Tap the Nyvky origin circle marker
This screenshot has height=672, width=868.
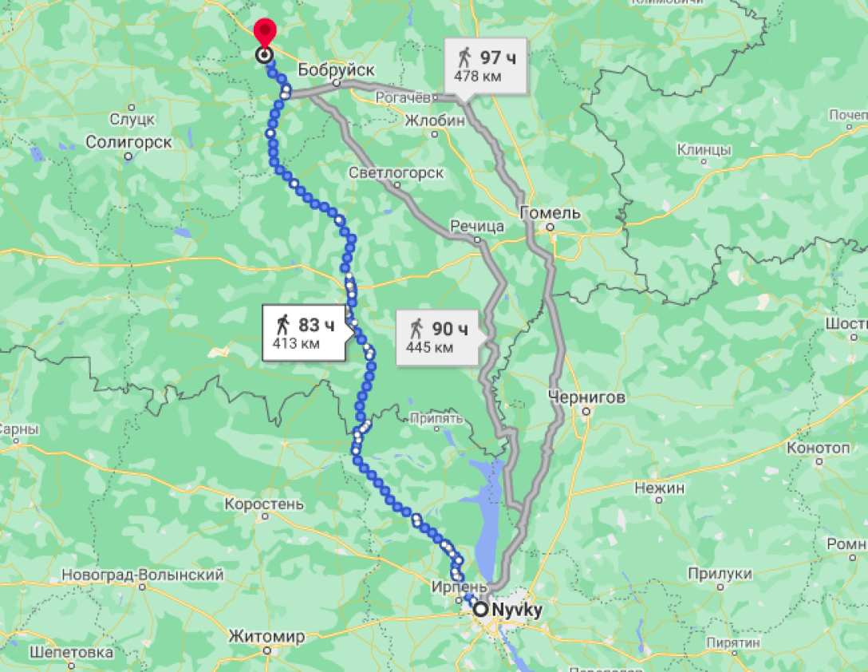481,611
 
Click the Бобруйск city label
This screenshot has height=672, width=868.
336,70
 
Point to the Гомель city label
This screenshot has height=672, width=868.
550,213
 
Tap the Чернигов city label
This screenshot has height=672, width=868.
587,397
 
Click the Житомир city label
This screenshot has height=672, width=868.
266,637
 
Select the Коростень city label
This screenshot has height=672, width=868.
264,504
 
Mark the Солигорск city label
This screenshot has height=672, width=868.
128,142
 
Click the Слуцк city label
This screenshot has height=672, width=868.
132,120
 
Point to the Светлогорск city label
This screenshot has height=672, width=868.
397,173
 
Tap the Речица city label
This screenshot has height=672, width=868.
477,227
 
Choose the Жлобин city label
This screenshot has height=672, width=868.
435,121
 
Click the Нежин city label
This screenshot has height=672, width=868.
659,488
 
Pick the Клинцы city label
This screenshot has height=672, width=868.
704,150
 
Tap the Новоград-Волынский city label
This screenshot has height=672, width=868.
142,575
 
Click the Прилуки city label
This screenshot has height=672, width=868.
720,574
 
